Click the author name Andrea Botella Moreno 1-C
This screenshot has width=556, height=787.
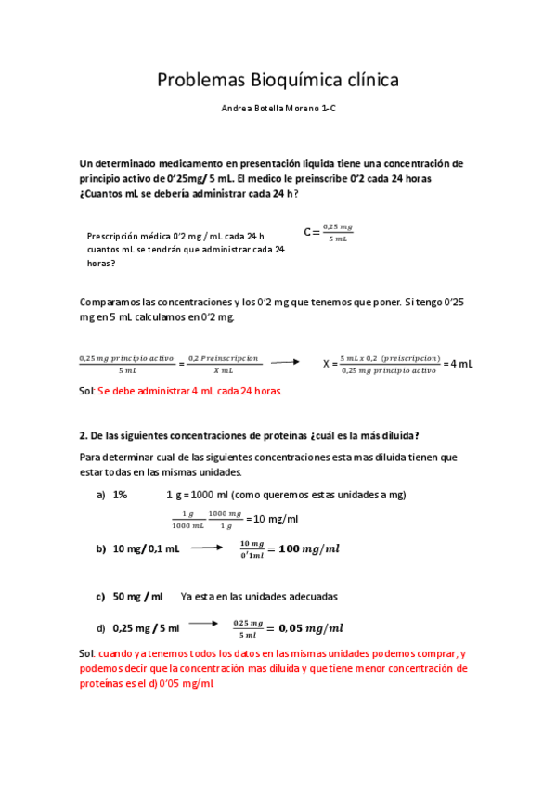coord(278,109)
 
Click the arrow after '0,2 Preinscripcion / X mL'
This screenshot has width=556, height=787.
coord(285,363)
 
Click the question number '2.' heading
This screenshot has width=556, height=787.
coord(83,435)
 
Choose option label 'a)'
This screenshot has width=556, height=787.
coord(100,495)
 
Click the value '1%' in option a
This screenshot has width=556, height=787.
coord(120,495)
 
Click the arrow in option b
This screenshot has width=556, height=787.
coord(207,548)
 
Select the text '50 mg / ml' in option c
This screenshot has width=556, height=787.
coord(137,596)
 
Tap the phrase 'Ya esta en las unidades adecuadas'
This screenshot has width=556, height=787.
coord(259,596)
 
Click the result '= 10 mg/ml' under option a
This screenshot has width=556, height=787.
coord(275,519)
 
